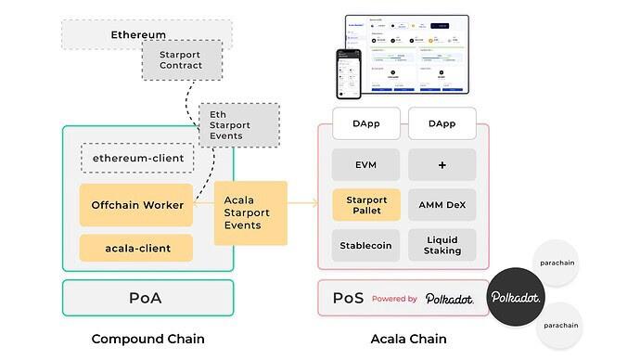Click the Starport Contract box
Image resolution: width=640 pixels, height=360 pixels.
[x=182, y=60]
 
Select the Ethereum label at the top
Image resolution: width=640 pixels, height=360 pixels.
[x=138, y=35]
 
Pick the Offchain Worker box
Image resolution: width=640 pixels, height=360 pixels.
[x=136, y=204]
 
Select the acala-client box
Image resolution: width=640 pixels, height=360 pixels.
[x=136, y=248]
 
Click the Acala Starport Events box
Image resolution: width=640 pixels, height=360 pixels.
[x=250, y=212]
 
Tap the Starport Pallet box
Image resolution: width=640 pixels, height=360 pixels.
[x=366, y=205]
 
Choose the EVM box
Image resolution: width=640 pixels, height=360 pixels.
[x=366, y=165]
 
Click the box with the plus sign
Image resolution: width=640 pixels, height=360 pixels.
[x=442, y=165]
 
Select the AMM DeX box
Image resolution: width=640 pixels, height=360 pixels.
[x=442, y=205]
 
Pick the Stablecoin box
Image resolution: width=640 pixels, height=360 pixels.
[x=366, y=246]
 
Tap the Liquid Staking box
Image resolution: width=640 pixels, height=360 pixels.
[x=442, y=246]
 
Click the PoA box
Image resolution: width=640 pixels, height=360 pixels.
[x=148, y=299]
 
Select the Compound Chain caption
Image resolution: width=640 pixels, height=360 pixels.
[x=148, y=339]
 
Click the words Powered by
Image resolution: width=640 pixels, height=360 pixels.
[x=394, y=299]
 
